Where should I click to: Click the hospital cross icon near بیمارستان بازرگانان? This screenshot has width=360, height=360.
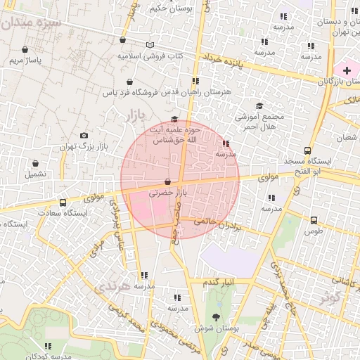347,70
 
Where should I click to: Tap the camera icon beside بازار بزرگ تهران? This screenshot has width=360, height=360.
84,135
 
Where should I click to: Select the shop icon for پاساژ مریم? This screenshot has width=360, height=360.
26,50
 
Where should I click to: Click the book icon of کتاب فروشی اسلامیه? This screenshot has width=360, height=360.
149,45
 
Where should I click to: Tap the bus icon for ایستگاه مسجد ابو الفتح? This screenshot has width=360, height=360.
307,150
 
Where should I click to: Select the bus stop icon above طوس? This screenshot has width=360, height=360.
314,219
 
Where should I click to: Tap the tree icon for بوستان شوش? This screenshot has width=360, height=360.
215,317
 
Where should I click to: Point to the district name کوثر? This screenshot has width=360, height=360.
330,297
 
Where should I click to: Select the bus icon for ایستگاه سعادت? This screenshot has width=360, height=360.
63,202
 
